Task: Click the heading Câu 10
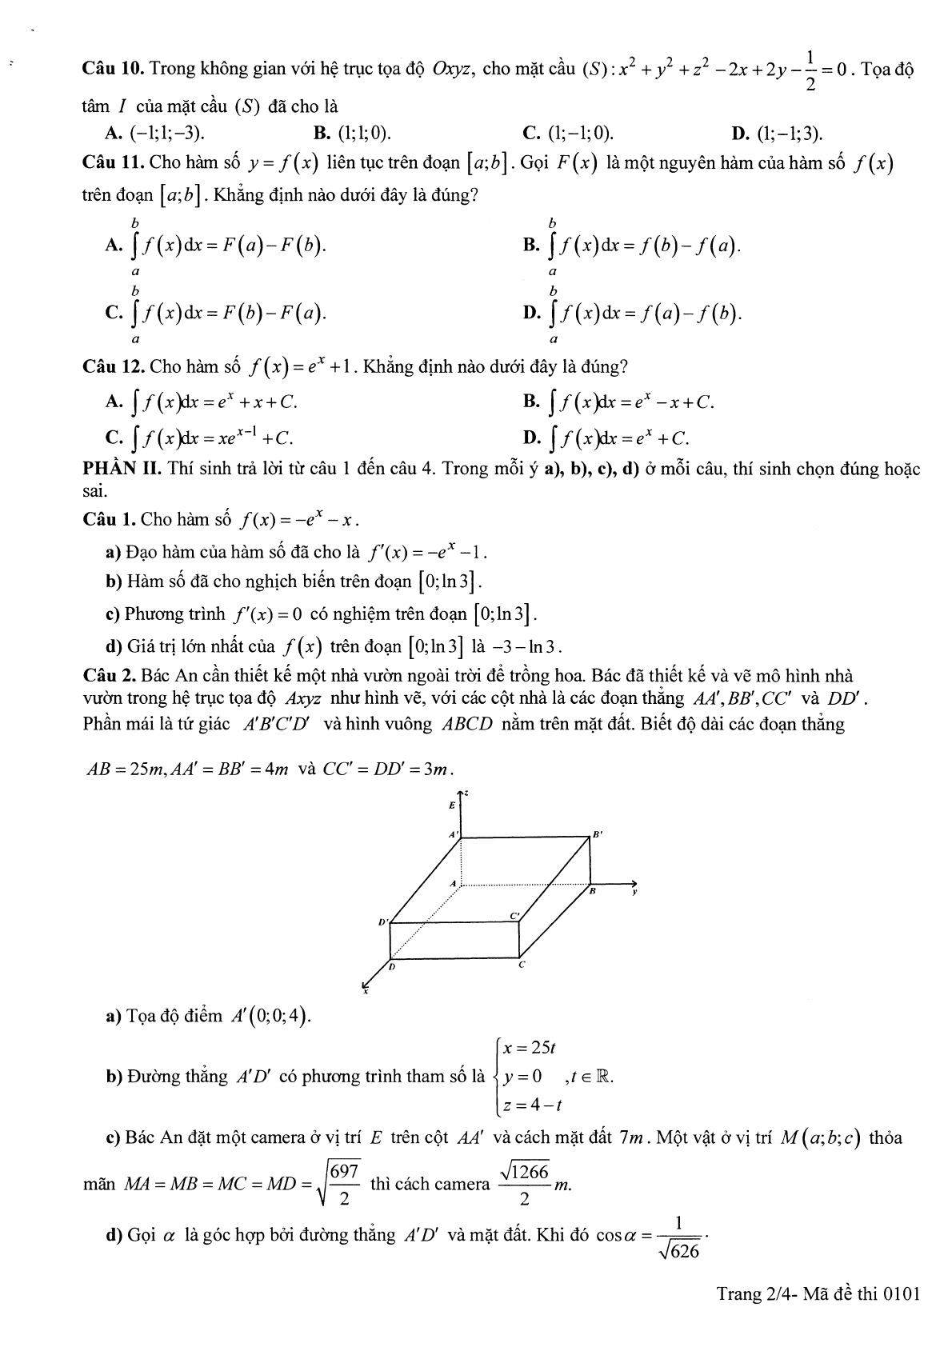[x=112, y=69]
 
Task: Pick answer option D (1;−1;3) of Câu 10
[x=772, y=133]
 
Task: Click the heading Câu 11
[x=112, y=163]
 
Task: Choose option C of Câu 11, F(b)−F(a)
[x=216, y=313]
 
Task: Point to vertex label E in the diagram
[x=453, y=804]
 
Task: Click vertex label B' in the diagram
[x=597, y=834]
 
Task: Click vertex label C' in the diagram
[x=514, y=915]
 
